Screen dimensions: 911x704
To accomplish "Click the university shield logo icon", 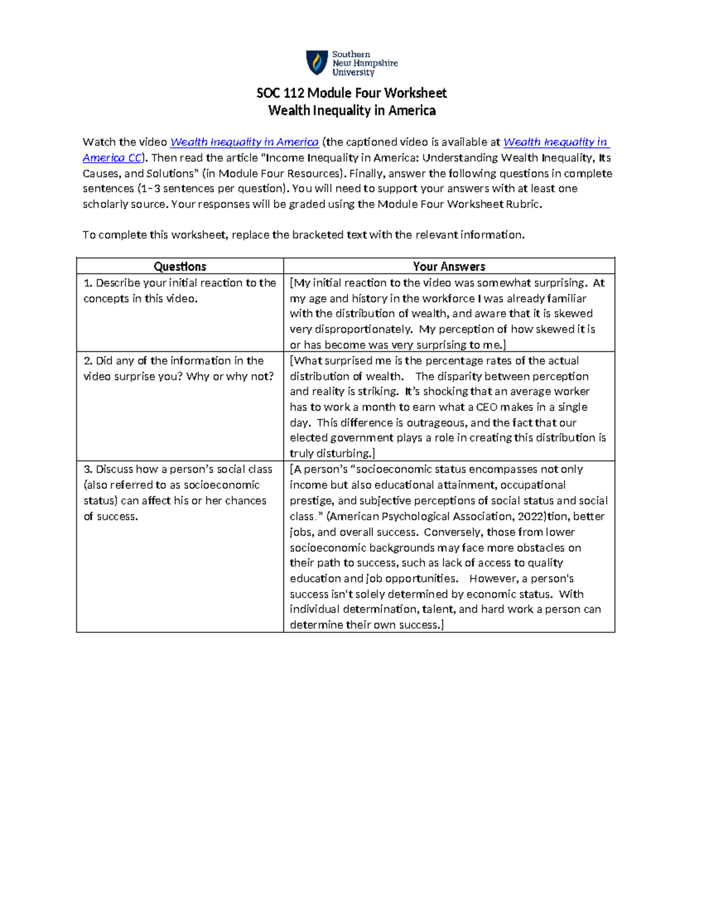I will tap(317, 62).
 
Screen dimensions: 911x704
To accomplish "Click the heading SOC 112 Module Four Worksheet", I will tap(351, 93).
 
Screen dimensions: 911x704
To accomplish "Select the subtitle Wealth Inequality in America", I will tap(351, 111).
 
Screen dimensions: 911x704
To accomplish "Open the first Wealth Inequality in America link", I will tap(244, 142).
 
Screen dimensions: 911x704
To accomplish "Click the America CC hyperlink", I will tap(112, 158).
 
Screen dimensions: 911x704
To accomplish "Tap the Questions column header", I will tap(180, 266).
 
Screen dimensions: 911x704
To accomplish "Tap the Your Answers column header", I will tap(449, 266).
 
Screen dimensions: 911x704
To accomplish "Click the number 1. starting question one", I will tap(88, 283).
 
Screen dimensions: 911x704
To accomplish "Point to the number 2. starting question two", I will tap(88, 361).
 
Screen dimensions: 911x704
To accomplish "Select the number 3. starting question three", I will tap(88, 469).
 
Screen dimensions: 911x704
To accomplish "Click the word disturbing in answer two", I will tap(344, 453).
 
